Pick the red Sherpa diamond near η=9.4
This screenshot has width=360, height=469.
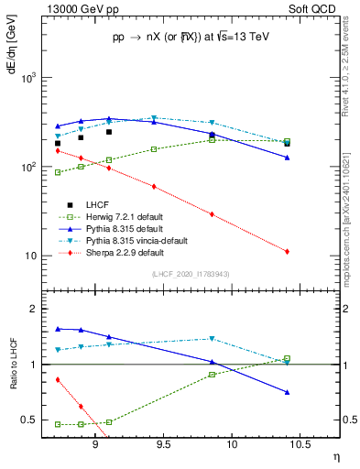153,187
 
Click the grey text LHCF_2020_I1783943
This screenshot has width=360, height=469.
190,274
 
